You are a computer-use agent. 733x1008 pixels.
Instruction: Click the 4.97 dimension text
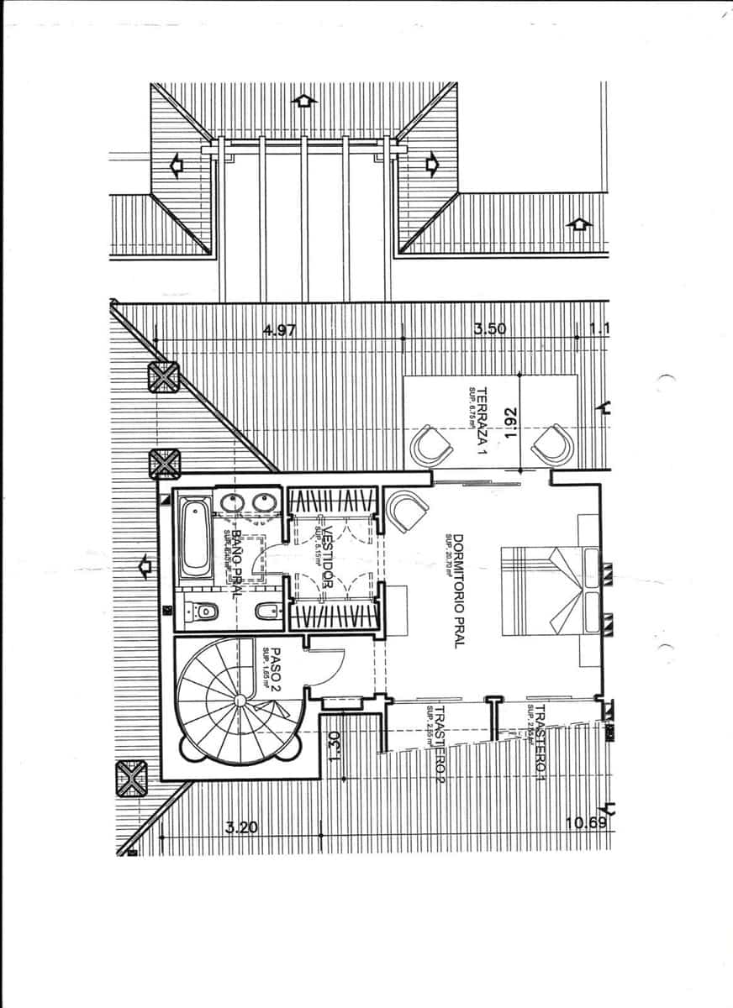[x=279, y=330]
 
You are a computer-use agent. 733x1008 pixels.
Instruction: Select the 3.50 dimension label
[x=490, y=328]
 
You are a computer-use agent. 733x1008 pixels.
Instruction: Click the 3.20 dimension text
[x=241, y=827]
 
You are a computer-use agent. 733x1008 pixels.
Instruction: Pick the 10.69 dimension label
[x=586, y=822]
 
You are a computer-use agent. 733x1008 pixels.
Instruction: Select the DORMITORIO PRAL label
[x=459, y=591]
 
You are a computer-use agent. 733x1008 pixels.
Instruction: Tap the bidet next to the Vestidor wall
[x=266, y=612]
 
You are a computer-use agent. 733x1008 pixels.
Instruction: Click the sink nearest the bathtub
[x=231, y=502]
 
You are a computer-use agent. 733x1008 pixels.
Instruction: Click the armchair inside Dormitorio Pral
[x=407, y=511]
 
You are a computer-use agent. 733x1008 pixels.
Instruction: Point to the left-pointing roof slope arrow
[x=177, y=165]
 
